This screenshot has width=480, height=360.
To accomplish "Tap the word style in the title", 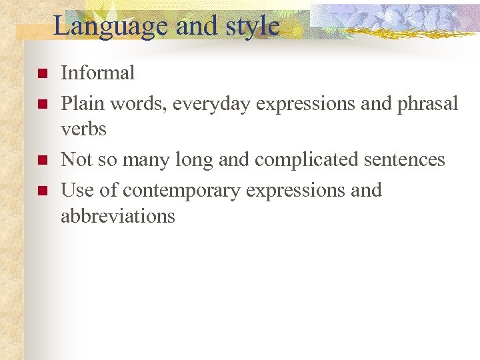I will [253, 26].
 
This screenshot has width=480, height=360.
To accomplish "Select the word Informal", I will [98, 73].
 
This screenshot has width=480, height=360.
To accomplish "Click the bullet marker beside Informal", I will [41, 73].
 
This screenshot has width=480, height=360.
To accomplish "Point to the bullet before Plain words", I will [41, 105].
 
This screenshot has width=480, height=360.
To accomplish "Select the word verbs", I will [83, 128].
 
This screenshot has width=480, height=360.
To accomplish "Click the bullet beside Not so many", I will [41, 160].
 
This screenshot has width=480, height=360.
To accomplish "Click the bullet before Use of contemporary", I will [41, 191].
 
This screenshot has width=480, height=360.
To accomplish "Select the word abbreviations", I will [118, 216].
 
